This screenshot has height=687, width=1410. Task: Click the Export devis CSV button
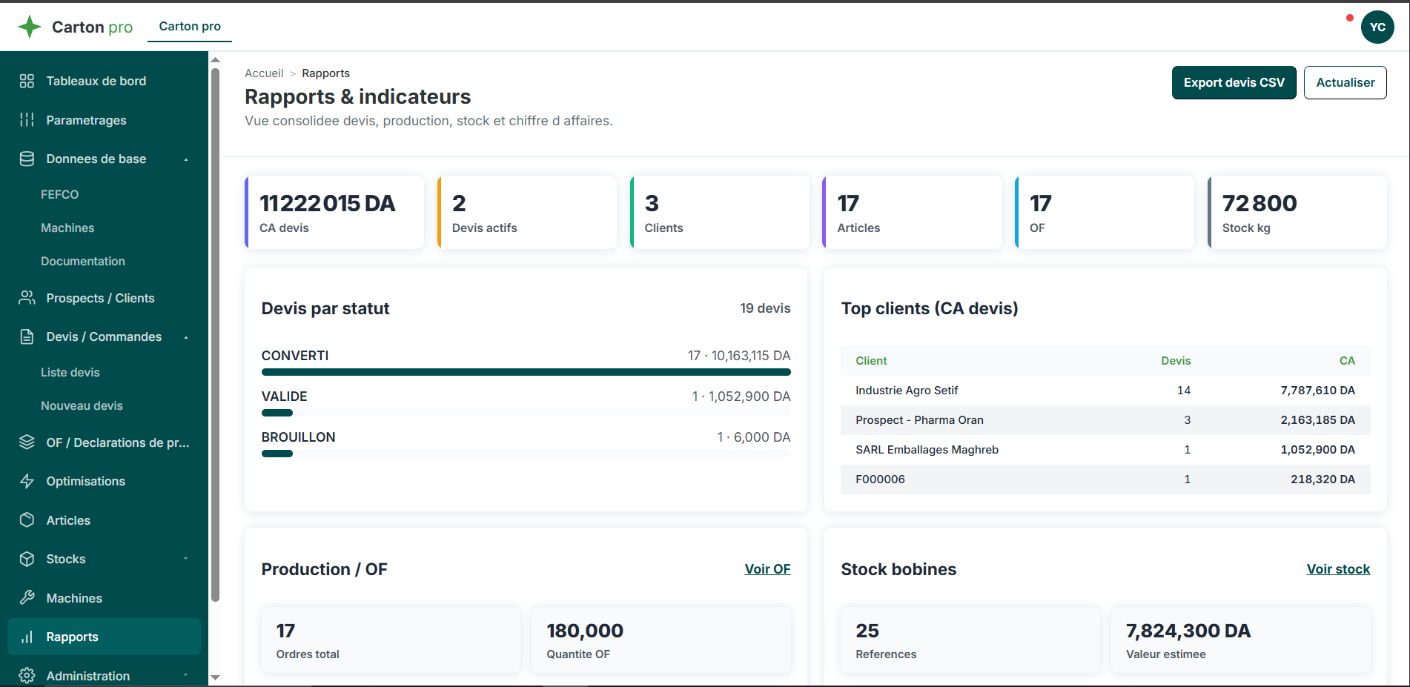click(x=1234, y=82)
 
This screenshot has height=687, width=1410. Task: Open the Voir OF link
click(x=767, y=569)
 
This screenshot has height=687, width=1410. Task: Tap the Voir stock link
click(x=1338, y=569)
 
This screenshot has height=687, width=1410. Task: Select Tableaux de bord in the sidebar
click(x=96, y=81)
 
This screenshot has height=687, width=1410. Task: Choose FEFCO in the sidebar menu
click(x=59, y=194)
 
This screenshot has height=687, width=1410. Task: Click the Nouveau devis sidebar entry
click(x=82, y=405)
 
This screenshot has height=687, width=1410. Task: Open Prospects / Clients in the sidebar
click(x=100, y=298)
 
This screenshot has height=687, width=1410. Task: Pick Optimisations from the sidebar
click(x=85, y=481)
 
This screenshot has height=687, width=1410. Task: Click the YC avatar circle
click(x=1377, y=27)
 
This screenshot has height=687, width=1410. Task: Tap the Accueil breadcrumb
click(x=264, y=73)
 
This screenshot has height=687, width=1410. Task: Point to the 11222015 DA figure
click(x=327, y=203)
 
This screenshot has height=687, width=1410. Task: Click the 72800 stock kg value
click(x=1260, y=203)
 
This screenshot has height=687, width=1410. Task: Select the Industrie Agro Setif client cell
click(x=907, y=391)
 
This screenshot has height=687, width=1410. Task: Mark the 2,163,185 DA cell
click(x=1317, y=420)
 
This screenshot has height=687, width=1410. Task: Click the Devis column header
click(x=1176, y=361)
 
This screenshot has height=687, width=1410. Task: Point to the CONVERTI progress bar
click(x=526, y=372)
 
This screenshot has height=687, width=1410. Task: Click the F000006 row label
click(x=880, y=479)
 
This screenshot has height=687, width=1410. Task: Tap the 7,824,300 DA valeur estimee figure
click(x=1188, y=631)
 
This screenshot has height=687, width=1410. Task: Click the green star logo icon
click(x=30, y=27)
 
